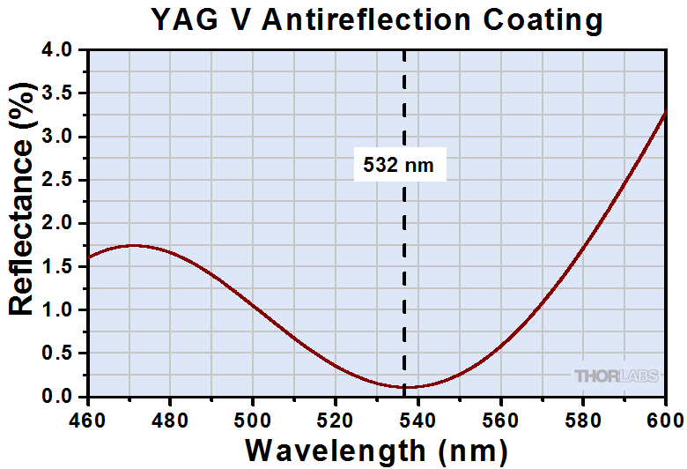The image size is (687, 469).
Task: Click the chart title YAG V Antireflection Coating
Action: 376,19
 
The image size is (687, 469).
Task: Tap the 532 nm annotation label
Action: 399,164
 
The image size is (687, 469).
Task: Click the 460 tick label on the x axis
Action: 88,417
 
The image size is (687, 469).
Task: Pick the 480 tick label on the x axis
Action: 170,417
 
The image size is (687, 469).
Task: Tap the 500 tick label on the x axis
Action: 253,417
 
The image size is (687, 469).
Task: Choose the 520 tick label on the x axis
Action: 336,417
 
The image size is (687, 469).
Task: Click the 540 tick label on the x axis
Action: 417,417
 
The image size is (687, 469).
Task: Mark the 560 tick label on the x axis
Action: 500,417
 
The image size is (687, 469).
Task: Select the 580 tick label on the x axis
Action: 582,417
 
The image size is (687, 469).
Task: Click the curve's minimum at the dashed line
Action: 405,387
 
